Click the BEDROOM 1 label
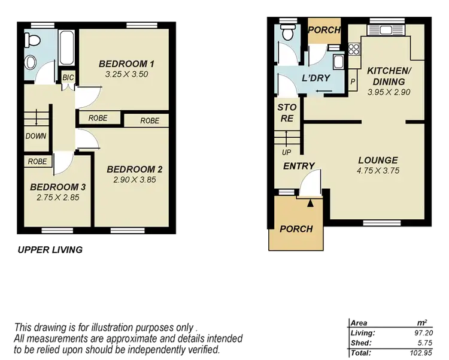[127, 64]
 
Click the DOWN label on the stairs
[36, 136]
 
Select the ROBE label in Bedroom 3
[37, 161]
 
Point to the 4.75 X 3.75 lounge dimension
[378, 171]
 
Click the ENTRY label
[299, 166]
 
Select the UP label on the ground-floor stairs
[287, 152]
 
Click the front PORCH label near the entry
[296, 229]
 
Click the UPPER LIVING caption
[50, 250]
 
